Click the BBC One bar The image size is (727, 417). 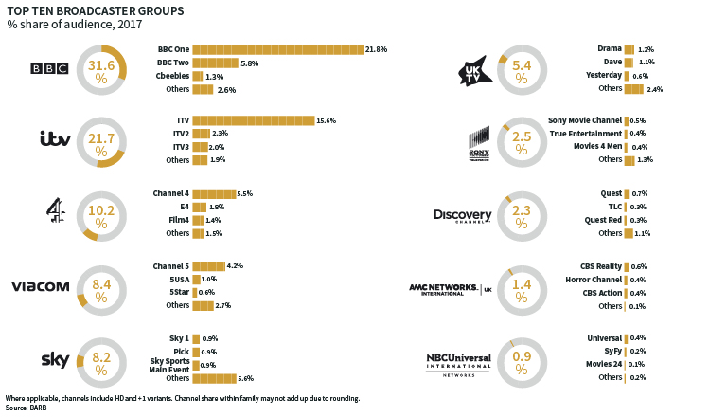pos(277,49)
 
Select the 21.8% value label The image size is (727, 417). pos(376,49)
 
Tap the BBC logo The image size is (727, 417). pos(48,68)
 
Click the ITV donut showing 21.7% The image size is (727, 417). pos(100,139)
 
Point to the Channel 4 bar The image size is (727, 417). pos(214,193)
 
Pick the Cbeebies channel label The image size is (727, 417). pos(172,76)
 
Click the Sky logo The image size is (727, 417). pos(55,358)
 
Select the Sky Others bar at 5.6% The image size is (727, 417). pos(214,377)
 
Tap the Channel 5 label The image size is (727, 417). pos(170,265)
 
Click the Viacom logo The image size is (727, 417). pos(41,287)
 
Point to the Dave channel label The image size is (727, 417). pos(611,62)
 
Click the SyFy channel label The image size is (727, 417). pos(609,351)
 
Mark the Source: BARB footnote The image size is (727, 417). pos(27,407)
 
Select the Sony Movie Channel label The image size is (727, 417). pos(584,121)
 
